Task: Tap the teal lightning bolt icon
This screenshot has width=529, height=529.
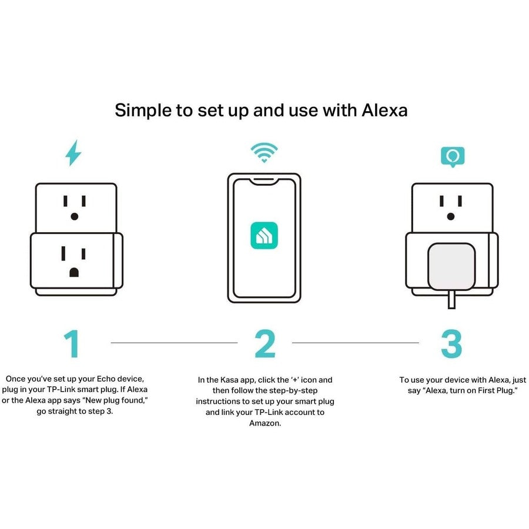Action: pyautogui.click(x=73, y=153)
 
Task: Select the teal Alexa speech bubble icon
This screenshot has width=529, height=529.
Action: pyautogui.click(x=452, y=157)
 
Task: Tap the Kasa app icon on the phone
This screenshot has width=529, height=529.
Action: pyautogui.click(x=264, y=235)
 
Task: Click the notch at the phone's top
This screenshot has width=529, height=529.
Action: pyautogui.click(x=264, y=179)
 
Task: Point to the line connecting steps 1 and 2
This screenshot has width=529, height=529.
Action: pyautogui.click(x=174, y=343)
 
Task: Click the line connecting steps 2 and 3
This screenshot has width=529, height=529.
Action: pyautogui.click(x=356, y=343)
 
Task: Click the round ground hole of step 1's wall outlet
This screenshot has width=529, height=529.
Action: pyautogui.click(x=73, y=216)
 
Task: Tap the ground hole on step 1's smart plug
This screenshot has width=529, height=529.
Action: pyautogui.click(x=73, y=272)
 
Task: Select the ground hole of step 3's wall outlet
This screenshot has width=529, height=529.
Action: pyautogui.click(x=451, y=216)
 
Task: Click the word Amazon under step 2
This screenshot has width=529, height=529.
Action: pyautogui.click(x=264, y=423)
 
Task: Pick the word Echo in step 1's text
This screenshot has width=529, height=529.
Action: pyautogui.click(x=108, y=380)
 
